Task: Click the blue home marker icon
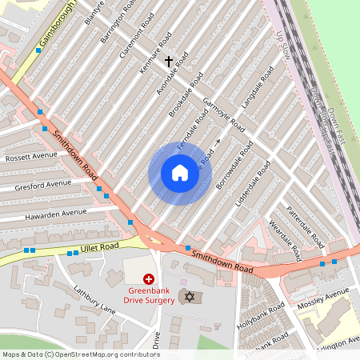coord(180,173)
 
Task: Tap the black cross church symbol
coord(168,60)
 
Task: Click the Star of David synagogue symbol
coord(190,298)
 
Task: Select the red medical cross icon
coord(149,278)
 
